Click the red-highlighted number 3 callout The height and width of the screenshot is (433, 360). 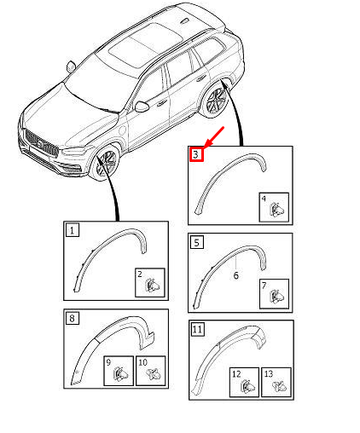196,154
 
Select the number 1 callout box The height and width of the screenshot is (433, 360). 73,229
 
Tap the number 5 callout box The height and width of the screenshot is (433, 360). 196,243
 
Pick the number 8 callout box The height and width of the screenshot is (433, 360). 73,318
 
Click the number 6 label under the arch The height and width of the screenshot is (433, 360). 235,275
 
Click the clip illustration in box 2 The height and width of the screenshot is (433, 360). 150,284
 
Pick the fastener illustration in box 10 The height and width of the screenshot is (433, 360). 150,372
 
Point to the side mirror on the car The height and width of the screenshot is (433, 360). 141,106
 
